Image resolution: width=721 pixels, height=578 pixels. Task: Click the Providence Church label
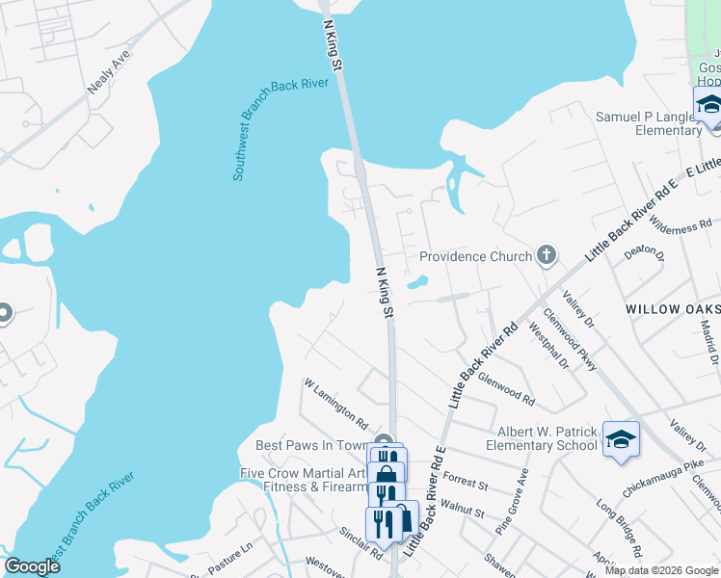coord(475,256)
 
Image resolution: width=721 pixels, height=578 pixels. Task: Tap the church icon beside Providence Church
coord(547,255)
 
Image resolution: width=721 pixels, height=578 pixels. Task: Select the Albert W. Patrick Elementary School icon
coord(622,437)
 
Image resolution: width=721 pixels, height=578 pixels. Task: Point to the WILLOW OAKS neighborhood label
coord(671,309)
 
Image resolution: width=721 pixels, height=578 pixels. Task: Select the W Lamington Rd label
coord(336,404)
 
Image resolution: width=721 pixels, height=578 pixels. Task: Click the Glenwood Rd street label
coord(506,387)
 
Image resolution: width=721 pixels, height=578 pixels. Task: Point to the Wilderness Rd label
coord(681,227)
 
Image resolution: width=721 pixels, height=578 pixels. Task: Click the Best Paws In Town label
coord(312,445)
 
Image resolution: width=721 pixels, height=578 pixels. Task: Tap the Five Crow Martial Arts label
coord(303,473)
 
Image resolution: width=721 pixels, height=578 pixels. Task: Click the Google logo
coord(32,566)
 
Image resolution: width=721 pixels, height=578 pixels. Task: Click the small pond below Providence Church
coord(417,283)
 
